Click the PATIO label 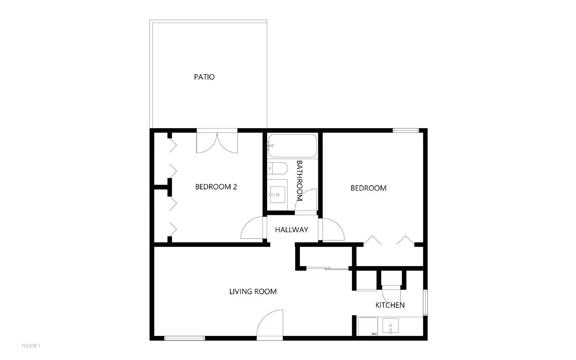(x=204, y=77)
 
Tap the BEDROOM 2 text (x=216, y=187)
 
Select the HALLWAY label (x=292, y=230)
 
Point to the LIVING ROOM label (x=253, y=291)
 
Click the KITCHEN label (x=390, y=305)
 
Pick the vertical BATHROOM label (x=299, y=180)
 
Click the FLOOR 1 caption (x=31, y=346)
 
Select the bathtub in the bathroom (x=293, y=145)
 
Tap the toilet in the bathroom (x=277, y=168)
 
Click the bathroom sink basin (x=278, y=195)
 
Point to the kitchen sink (x=390, y=326)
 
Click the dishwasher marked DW (x=368, y=327)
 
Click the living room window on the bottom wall (x=184, y=338)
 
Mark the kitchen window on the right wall (x=425, y=302)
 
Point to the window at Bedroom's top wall (x=405, y=131)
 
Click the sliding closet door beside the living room (x=327, y=269)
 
